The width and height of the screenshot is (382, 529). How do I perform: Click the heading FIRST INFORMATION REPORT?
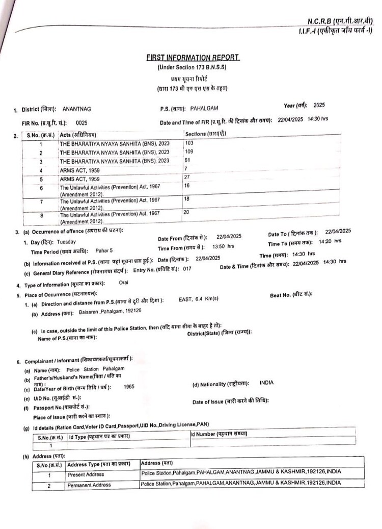192,58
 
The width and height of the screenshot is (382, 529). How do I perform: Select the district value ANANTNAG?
76,109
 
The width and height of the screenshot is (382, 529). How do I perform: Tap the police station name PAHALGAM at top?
204,109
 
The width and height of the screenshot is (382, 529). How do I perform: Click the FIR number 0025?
81,123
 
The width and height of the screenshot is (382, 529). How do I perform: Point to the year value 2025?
319,106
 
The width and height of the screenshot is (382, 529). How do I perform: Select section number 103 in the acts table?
189,143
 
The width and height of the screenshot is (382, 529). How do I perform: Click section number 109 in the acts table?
189,152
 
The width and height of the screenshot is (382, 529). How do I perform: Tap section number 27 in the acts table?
187,177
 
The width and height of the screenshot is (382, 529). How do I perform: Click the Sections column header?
206,134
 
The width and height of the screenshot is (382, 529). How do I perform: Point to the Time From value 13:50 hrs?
223,246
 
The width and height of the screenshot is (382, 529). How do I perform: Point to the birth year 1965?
129,387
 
